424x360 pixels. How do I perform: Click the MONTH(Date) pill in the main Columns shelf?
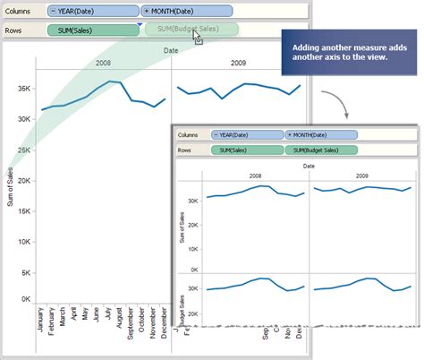[188, 12]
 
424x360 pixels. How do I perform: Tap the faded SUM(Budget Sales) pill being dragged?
[191, 29]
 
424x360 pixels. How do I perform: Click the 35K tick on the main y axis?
[24, 88]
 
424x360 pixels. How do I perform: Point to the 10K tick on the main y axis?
[24, 239]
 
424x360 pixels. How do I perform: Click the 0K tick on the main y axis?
[26, 299]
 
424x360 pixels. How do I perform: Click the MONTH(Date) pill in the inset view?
[321, 134]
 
